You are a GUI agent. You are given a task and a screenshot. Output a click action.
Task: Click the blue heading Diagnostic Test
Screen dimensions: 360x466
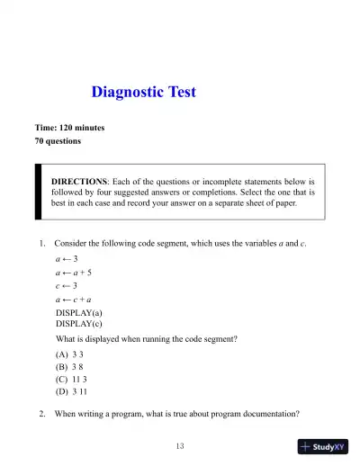click(144, 92)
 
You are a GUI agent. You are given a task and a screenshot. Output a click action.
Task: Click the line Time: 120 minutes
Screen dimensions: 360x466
click(69, 128)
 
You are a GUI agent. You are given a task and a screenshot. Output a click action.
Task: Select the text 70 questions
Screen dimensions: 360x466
click(58, 141)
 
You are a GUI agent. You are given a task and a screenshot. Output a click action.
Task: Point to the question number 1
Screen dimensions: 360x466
click(42, 243)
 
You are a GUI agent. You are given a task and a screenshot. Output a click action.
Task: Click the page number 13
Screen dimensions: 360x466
click(180, 446)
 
